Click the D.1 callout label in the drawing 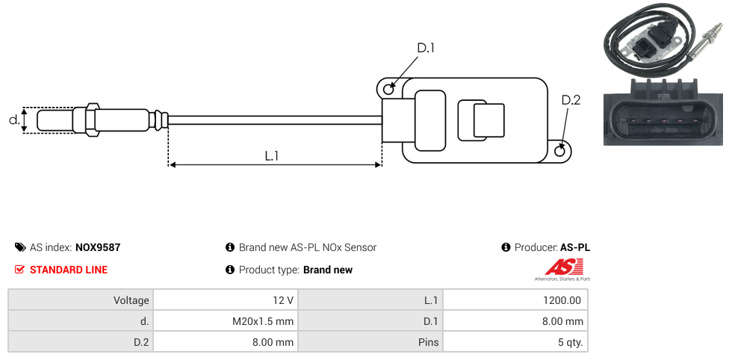426,49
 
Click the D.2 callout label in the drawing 570,101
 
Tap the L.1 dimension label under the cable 272,156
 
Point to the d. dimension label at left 13,120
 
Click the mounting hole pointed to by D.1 388,90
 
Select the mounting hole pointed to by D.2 560,151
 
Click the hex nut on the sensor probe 92,120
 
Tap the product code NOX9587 98,247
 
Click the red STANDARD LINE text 69,270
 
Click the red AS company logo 559,267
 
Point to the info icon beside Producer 506,247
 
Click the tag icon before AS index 20,247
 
